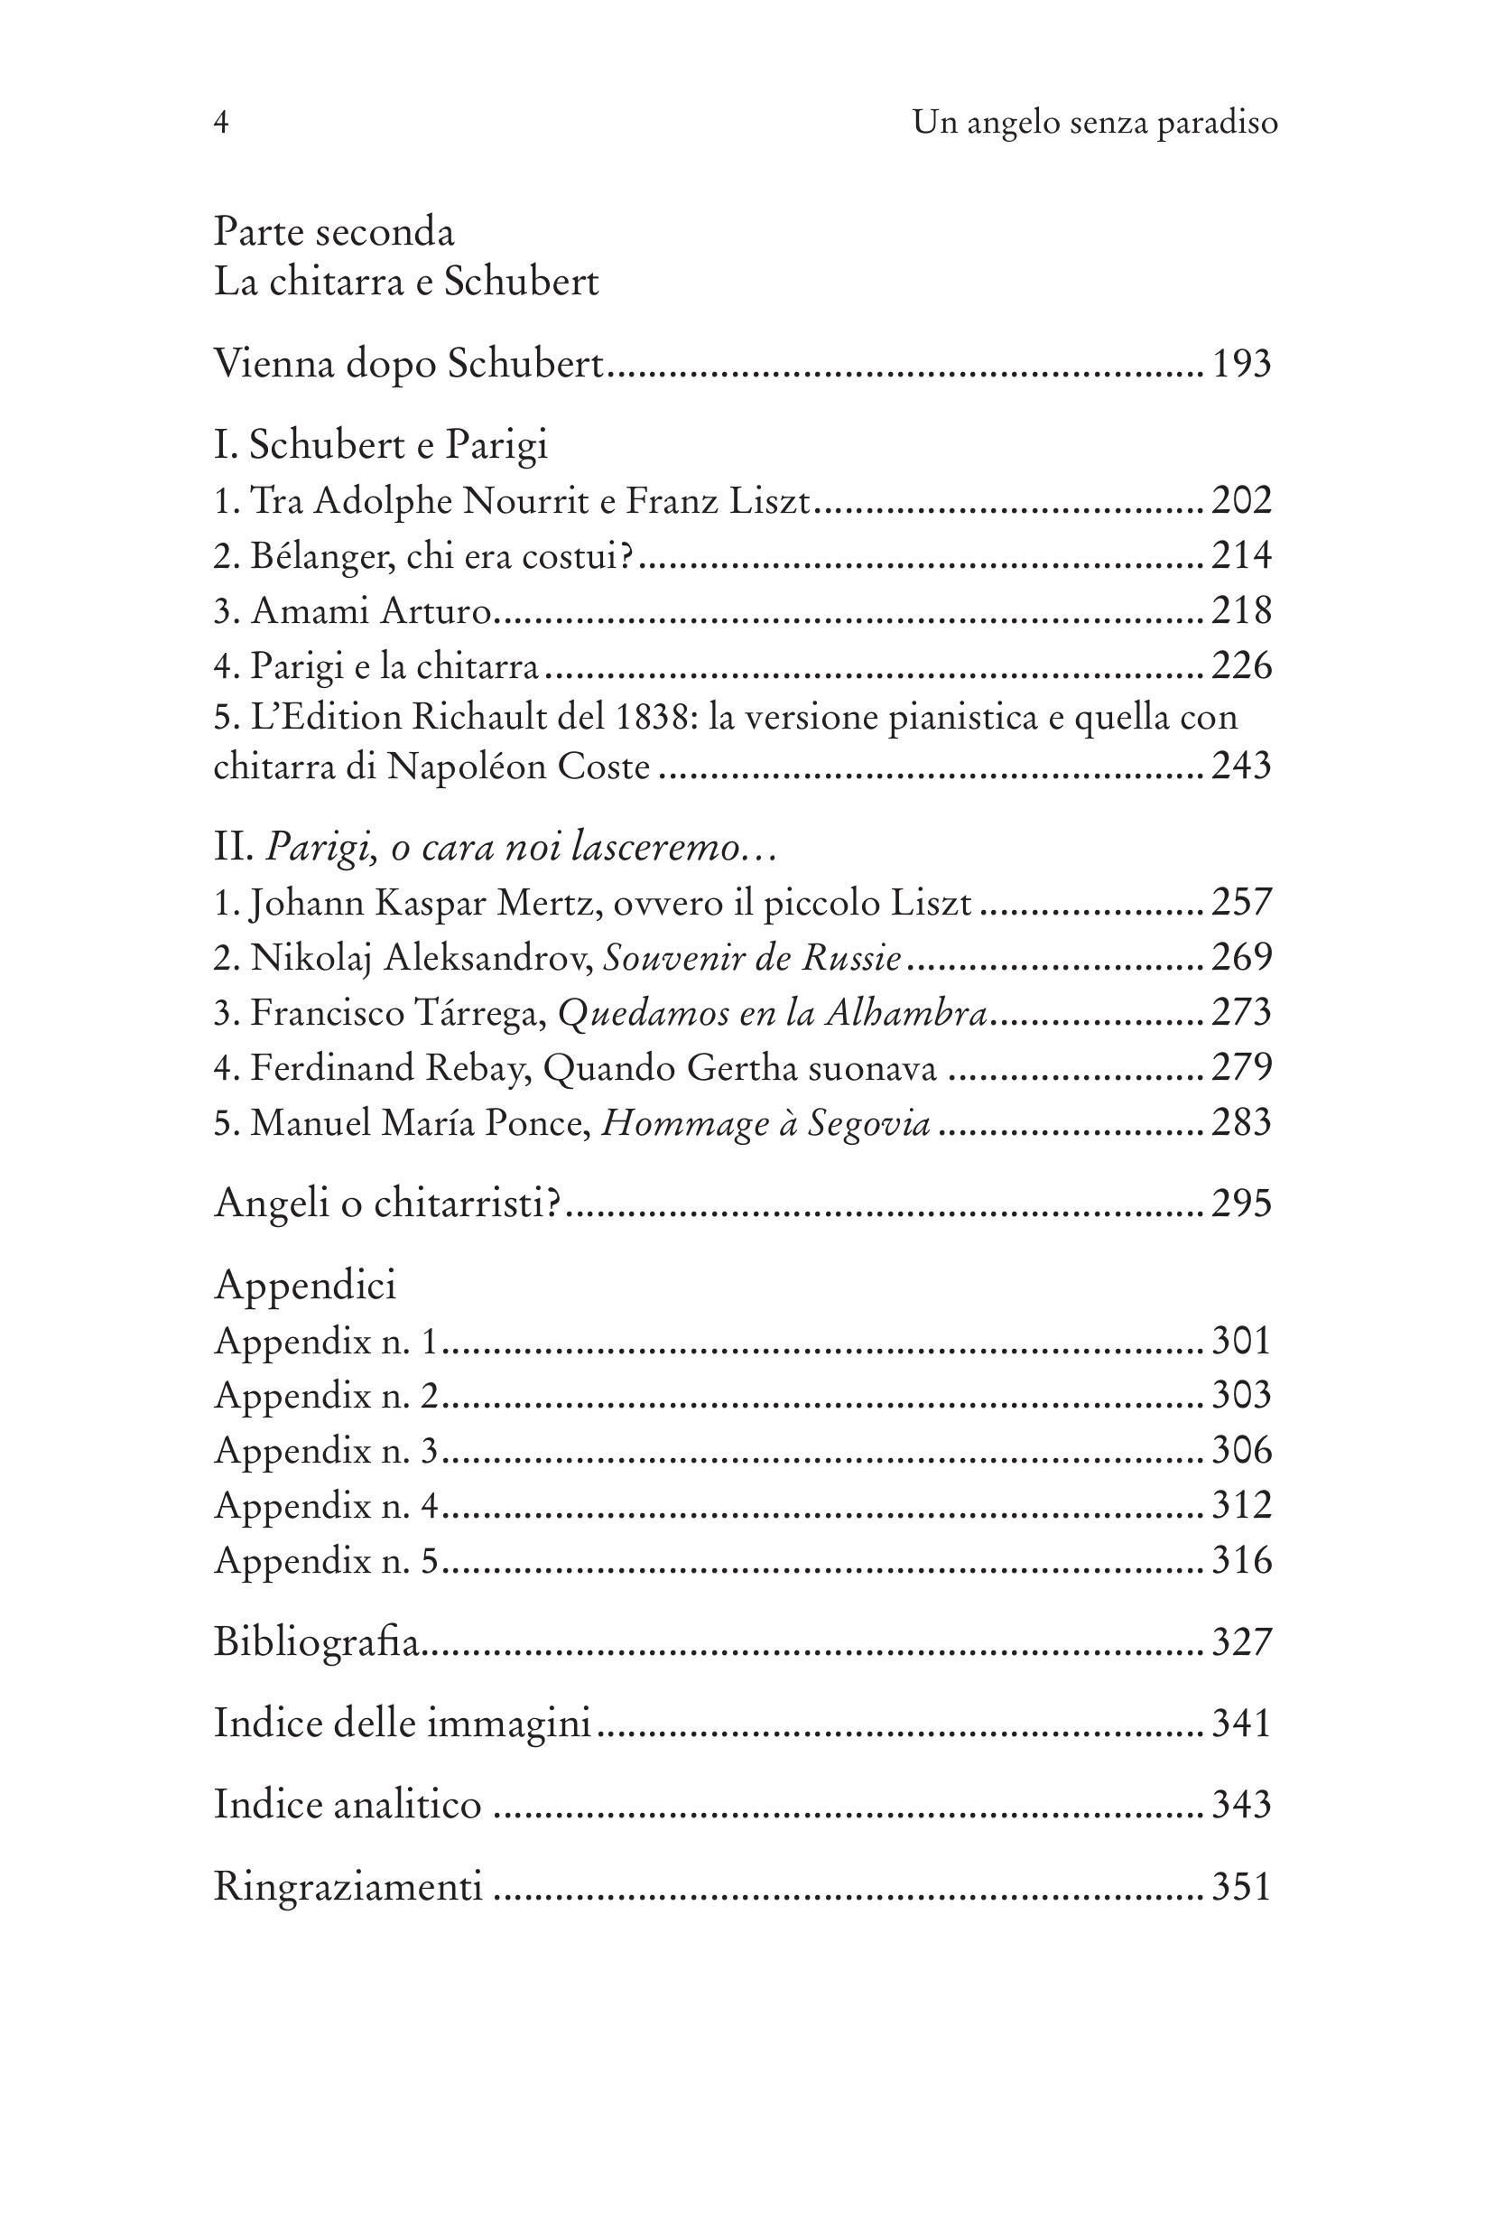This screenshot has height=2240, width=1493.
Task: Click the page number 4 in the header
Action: [x=221, y=123]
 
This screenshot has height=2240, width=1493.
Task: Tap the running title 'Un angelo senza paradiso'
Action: [x=1094, y=123]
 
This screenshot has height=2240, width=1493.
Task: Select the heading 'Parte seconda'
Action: [x=334, y=232]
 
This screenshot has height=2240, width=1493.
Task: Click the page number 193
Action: [x=1240, y=364]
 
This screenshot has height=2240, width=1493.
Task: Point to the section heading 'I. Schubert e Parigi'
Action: [x=381, y=445]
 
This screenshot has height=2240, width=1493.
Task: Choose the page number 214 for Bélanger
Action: [x=1240, y=555]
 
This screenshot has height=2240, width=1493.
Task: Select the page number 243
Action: [x=1240, y=766]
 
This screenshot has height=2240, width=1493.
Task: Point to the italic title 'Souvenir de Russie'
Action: [x=752, y=958]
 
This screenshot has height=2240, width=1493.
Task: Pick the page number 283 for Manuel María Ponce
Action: [x=1240, y=1123]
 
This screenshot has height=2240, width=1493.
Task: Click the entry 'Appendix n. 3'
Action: [x=326, y=1451]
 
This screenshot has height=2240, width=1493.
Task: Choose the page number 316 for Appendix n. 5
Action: [x=1240, y=1560]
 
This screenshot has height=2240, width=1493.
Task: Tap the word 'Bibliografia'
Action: [x=316, y=1642]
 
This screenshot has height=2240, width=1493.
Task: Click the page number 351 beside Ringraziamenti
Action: [x=1240, y=1886]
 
